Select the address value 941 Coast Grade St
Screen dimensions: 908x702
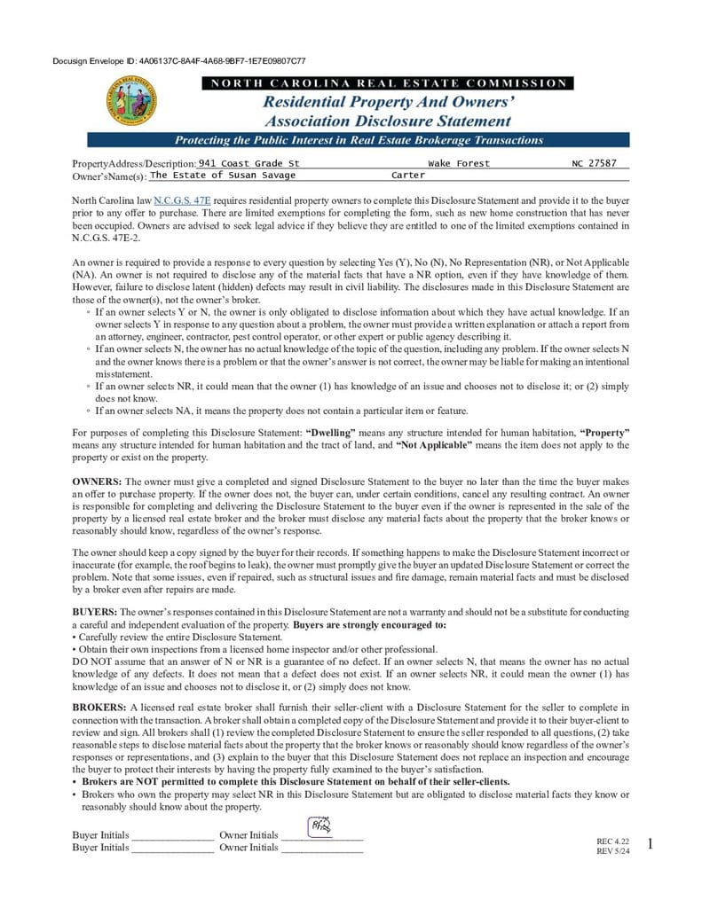(249, 163)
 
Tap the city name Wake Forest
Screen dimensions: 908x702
(458, 163)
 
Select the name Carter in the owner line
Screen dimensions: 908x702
(408, 176)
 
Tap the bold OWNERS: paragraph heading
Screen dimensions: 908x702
(96, 481)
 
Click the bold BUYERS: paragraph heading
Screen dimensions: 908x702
(94, 612)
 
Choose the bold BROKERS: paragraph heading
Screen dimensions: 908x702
(99, 707)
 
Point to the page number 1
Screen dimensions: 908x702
(651, 844)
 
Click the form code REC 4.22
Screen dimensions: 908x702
(612, 841)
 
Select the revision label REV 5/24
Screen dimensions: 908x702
(612, 851)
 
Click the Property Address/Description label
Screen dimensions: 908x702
(133, 165)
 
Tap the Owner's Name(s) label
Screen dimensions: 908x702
(109, 176)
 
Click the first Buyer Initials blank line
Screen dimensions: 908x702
(172, 836)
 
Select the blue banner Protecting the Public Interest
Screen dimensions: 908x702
(359, 140)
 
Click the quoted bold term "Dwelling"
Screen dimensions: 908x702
(331, 432)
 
